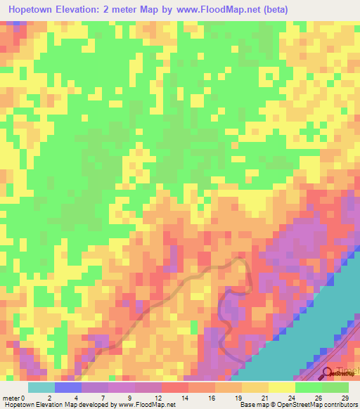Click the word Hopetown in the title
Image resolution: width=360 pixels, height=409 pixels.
34,10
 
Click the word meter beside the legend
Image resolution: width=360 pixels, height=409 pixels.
11,398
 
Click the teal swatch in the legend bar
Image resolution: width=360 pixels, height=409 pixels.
41,387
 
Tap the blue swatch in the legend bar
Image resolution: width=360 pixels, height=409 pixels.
67,387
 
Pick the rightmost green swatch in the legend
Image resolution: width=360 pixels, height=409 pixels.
335,387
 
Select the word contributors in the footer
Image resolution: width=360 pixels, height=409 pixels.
339,405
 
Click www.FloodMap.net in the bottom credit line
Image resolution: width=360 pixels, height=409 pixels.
148,405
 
